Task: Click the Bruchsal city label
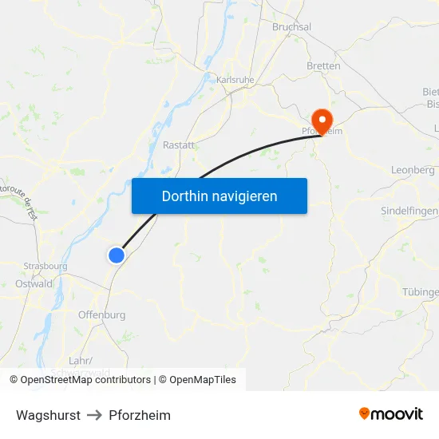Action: (x=291, y=27)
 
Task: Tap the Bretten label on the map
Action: (x=323, y=66)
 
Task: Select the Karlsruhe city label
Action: (x=235, y=80)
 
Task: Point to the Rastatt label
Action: (x=178, y=145)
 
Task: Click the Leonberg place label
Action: (x=413, y=170)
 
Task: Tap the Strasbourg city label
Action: (x=45, y=267)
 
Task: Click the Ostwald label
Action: (x=34, y=283)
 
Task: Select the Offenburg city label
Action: (x=101, y=315)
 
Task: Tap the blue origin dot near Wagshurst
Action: (x=117, y=255)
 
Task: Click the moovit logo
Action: (x=391, y=414)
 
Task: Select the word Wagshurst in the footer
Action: (x=48, y=415)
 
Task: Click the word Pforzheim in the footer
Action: (x=140, y=415)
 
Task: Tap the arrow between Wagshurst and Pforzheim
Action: (x=95, y=415)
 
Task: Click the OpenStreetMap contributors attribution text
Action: (x=85, y=380)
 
